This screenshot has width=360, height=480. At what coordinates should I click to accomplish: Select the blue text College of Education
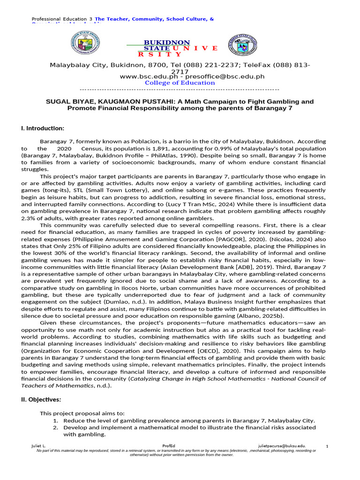point(180,83)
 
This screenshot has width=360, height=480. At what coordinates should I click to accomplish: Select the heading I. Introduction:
point(43,128)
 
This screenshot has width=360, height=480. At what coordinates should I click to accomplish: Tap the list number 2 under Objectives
point(55,427)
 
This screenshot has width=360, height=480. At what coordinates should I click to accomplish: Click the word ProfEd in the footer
point(169,446)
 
